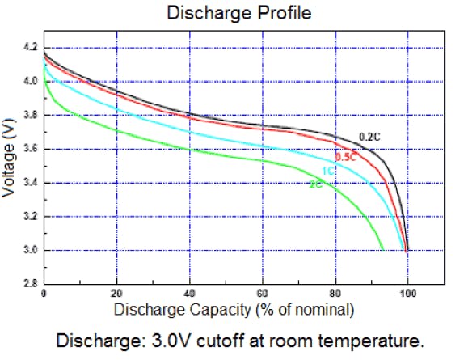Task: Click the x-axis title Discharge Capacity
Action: pos(234,310)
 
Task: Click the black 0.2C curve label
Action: pos(369,136)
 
